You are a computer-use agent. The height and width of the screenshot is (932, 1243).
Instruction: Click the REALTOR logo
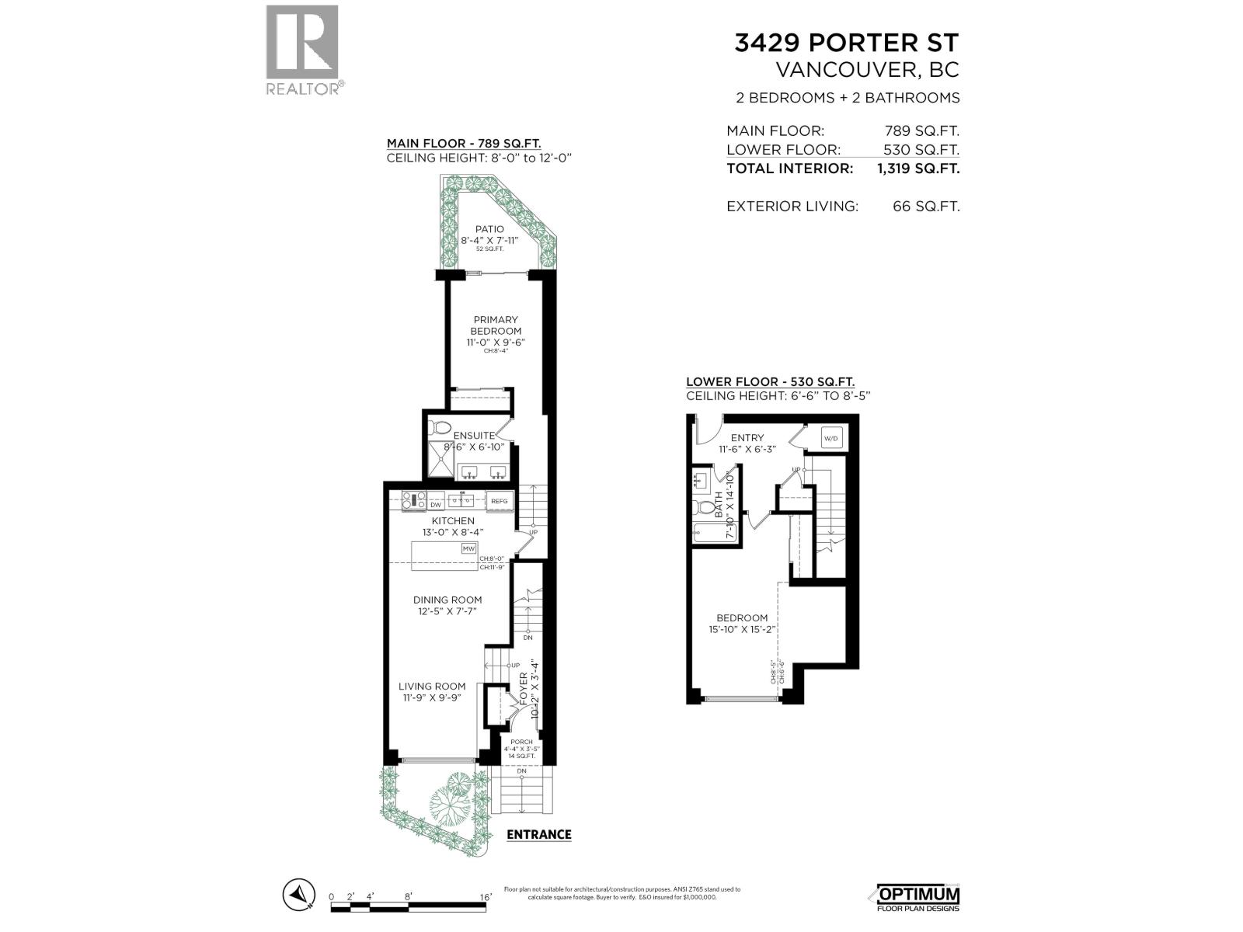tap(302, 50)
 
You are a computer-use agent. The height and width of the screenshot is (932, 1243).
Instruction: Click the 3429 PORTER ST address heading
tap(847, 43)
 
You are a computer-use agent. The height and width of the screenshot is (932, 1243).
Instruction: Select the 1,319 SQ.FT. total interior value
tap(917, 168)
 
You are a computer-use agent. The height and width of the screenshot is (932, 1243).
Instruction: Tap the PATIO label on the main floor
tap(489, 229)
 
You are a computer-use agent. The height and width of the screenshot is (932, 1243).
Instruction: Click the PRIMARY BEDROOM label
tap(495, 325)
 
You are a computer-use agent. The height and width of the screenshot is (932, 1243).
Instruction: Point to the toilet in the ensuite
tap(441, 427)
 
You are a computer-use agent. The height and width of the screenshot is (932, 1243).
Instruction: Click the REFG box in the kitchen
tap(499, 501)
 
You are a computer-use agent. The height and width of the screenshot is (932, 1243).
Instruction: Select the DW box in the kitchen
tap(436, 503)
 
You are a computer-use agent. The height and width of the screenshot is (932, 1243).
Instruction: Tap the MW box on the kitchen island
tap(468, 548)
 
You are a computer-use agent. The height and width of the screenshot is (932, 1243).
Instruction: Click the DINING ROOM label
tap(447, 600)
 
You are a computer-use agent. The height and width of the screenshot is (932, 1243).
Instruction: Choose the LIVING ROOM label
tap(432, 686)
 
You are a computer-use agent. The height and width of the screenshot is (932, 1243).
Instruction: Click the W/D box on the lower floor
tap(830, 438)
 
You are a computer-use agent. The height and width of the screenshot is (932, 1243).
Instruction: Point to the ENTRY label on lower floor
tap(747, 437)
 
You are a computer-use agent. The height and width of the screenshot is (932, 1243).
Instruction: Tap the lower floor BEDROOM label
tap(743, 617)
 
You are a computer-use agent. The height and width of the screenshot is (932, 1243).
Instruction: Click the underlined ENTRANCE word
tap(538, 834)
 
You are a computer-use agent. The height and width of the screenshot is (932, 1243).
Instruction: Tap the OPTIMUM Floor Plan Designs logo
tap(918, 898)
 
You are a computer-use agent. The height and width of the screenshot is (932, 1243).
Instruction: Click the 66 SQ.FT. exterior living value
tap(925, 207)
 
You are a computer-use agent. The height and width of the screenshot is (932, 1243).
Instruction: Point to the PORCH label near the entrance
tap(522, 742)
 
